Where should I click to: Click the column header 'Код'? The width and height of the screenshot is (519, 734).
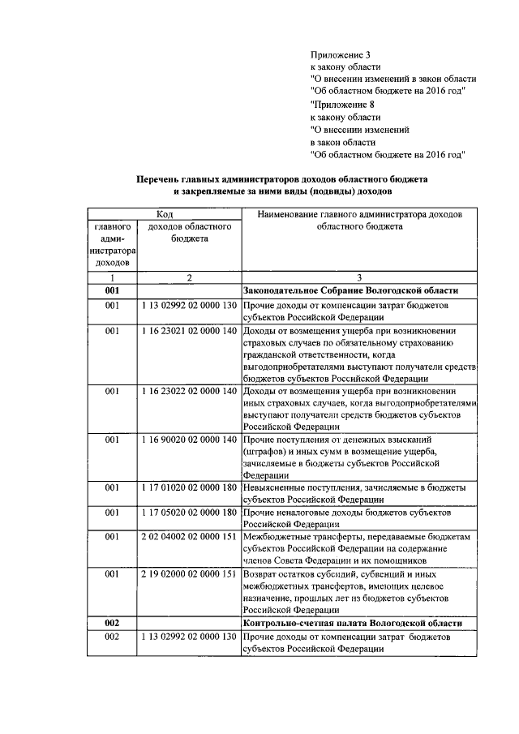tap(164, 213)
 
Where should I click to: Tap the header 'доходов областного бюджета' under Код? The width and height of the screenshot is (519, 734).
tap(189, 233)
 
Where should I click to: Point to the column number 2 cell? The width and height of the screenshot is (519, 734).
tap(189, 277)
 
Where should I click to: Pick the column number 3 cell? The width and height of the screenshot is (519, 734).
tap(358, 277)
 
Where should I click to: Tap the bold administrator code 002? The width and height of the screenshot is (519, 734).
tap(112, 623)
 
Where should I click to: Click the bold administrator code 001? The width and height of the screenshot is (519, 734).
tap(112, 290)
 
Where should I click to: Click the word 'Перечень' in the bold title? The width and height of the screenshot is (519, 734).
tap(158, 178)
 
